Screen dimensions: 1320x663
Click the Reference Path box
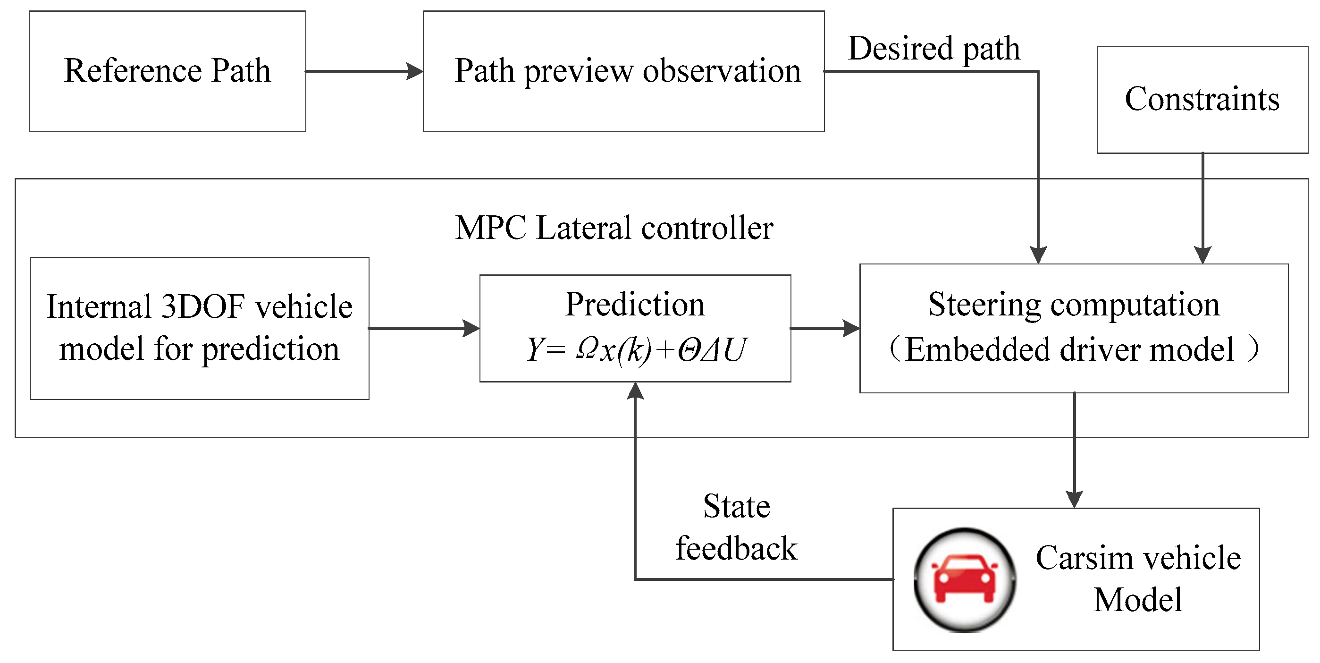click(168, 71)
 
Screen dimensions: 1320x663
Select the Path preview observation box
click(623, 71)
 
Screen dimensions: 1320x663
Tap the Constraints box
click(1202, 100)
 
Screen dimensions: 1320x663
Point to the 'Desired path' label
click(934, 49)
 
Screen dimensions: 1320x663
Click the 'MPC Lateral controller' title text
click(614, 228)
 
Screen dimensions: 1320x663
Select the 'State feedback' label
click(736, 527)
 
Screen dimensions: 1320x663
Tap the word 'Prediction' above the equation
click(635, 304)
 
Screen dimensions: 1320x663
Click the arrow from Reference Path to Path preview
click(364, 71)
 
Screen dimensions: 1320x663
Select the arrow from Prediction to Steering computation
click(825, 328)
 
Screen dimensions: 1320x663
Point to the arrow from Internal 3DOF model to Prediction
click(424, 328)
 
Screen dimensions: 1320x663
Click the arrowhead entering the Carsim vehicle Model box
click(1074, 500)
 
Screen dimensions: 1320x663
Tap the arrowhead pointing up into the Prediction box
click(635, 391)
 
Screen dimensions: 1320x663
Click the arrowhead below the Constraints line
click(1202, 255)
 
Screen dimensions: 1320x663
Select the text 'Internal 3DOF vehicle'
click(199, 306)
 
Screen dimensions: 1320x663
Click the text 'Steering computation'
click(1074, 305)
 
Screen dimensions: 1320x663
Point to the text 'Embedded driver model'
click(1069, 350)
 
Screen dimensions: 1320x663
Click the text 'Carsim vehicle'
click(1138, 558)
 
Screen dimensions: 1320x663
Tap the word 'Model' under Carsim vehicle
click(1138, 600)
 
